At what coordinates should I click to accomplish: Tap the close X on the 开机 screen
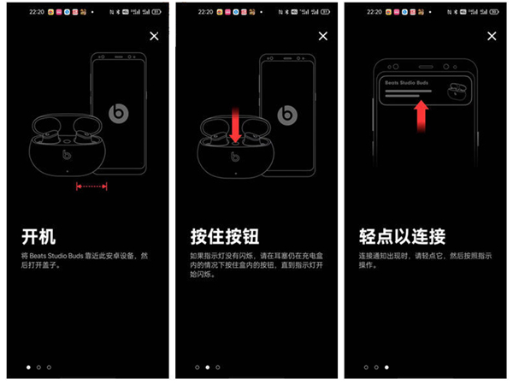pos(154,36)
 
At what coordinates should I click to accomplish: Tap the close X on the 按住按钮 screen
pos(323,36)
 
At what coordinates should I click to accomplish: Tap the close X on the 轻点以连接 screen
pos(492,36)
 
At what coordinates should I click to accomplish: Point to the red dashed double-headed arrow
pos(91,186)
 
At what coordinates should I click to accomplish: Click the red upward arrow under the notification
pos(420,115)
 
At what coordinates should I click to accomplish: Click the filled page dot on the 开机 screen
pos(28,367)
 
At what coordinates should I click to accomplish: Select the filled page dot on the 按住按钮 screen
pos(208,367)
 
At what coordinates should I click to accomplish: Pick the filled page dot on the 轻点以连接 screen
pos(386,367)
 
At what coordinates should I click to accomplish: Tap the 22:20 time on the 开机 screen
pos(35,13)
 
